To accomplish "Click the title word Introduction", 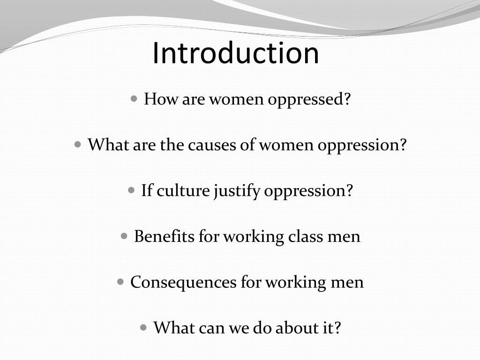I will [236, 52].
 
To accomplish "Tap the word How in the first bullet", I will [157, 99].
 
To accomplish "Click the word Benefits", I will [164, 236].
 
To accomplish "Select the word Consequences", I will [183, 282].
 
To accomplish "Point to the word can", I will [211, 327].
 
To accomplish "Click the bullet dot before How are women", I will [135, 99].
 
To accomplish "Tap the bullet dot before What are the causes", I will [78, 144].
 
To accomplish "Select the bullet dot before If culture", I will [132, 190].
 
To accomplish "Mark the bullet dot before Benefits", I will [124, 236].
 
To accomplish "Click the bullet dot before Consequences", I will [120, 282].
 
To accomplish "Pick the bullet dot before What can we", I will [144, 327].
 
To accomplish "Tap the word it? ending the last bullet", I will [330, 327].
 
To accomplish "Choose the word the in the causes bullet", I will [173, 145].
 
